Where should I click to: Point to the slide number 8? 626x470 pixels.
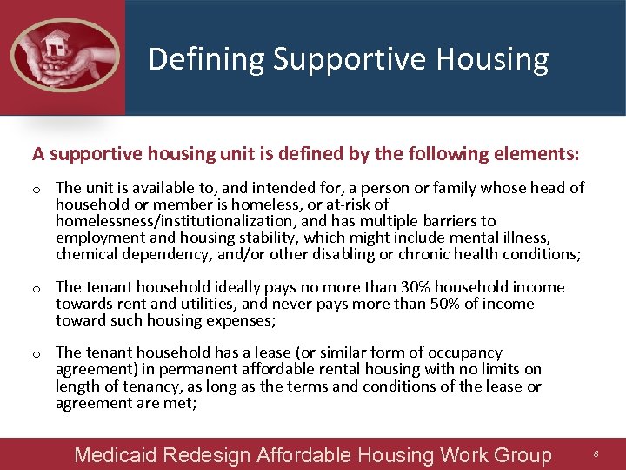point(596,455)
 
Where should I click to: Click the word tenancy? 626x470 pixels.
point(152,386)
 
